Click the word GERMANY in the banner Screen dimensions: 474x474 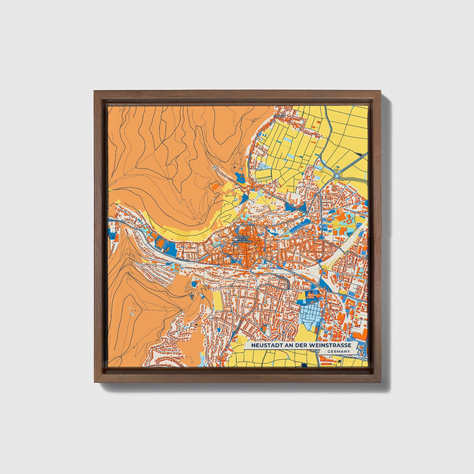click(338, 351)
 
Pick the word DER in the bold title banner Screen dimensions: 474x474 click(301, 345)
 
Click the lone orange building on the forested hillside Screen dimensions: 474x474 click(215, 187)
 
